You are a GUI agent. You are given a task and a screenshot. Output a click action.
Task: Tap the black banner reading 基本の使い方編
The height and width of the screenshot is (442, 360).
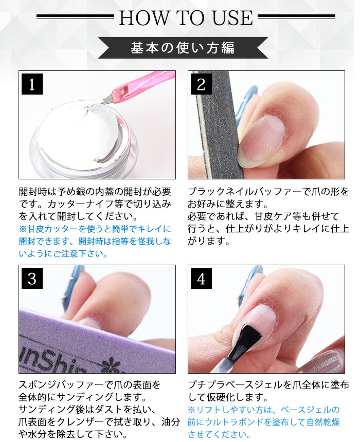tap(183, 48)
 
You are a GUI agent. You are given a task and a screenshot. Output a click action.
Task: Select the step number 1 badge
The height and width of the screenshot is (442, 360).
tap(32, 84)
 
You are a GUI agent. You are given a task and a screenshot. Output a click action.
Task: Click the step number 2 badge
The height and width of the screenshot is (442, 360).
tap(201, 84)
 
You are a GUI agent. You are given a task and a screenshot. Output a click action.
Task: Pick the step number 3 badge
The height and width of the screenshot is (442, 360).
tap(32, 278)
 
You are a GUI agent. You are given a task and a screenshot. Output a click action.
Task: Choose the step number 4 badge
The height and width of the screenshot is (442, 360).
tap(201, 278)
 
